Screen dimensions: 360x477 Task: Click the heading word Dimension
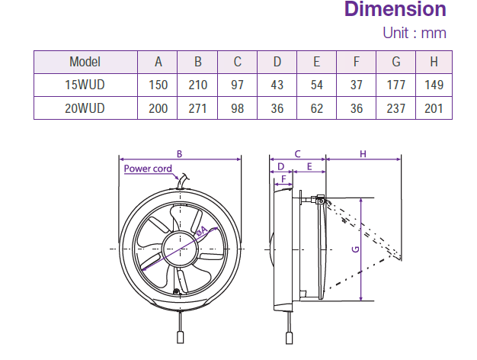(x=395, y=10)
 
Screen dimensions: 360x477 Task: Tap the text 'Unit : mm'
(x=414, y=33)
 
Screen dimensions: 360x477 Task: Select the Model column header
(x=85, y=63)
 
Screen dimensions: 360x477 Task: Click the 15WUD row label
(x=85, y=85)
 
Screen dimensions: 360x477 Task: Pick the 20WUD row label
(x=85, y=108)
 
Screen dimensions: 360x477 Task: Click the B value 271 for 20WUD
(x=197, y=108)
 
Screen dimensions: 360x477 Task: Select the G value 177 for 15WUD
(x=395, y=85)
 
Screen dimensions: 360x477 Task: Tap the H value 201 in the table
(x=433, y=108)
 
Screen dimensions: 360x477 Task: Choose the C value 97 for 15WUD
(x=237, y=85)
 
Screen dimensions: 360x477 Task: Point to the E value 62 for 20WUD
(x=316, y=108)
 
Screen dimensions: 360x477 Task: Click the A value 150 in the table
(x=158, y=85)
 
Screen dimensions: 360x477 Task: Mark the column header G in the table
(x=395, y=63)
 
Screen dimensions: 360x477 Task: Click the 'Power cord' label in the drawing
(x=148, y=169)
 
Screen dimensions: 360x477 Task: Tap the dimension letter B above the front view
(x=179, y=154)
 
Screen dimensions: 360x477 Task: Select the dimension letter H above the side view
(x=363, y=154)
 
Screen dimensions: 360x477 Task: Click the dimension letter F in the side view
(x=283, y=178)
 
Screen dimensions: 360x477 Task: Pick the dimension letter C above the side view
(x=298, y=154)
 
